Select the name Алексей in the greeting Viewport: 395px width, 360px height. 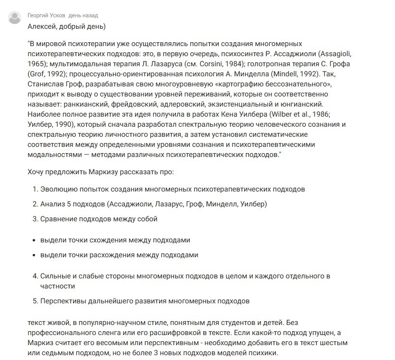tap(42, 26)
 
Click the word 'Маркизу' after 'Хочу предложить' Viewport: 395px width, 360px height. tap(108, 171)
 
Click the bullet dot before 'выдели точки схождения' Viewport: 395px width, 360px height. tap(34, 240)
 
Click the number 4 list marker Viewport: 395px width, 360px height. tap(35, 276)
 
